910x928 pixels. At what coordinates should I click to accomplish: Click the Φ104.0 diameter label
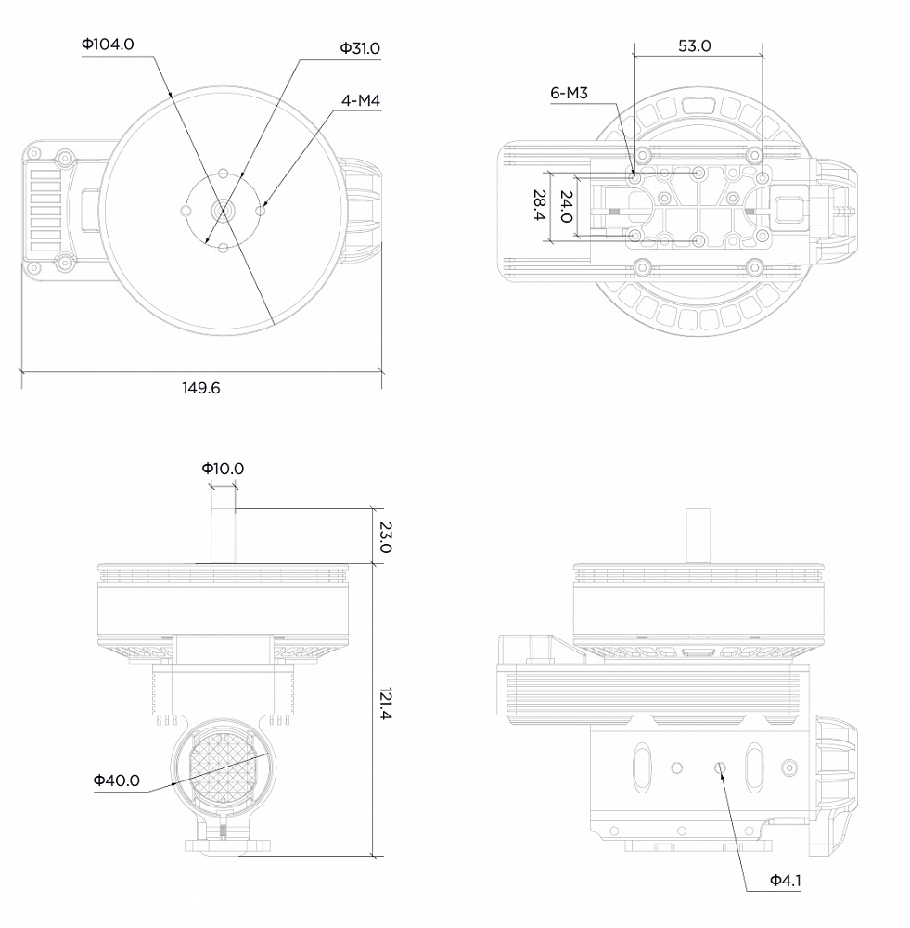108,44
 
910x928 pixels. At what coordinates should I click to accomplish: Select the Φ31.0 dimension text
360,48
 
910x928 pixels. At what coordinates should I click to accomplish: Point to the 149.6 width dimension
200,388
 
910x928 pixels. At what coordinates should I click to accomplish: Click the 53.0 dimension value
694,45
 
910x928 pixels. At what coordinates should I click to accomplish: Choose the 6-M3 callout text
570,93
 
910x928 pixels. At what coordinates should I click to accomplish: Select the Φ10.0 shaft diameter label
223,469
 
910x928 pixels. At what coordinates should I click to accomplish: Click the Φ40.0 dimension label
116,780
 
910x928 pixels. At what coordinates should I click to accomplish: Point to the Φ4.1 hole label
785,880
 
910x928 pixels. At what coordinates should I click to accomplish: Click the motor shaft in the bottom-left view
223,535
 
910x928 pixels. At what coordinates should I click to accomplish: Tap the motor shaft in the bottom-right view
697,535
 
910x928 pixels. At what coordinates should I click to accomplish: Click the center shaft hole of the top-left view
223,210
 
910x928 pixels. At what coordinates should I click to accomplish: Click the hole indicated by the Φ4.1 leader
720,767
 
